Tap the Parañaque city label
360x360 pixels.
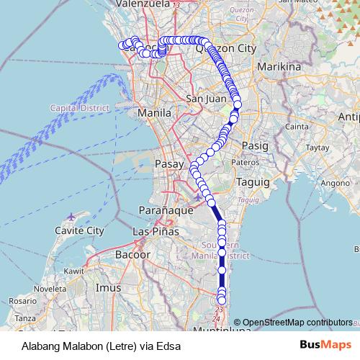pos(162,210)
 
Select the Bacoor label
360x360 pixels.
pos(133,255)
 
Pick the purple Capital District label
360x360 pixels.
pos(78,107)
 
